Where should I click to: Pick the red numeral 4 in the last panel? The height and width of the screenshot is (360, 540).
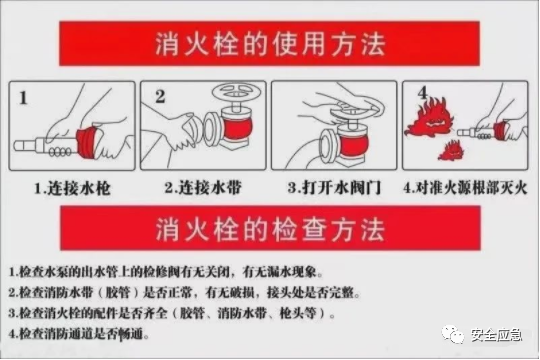tap(422, 93)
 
